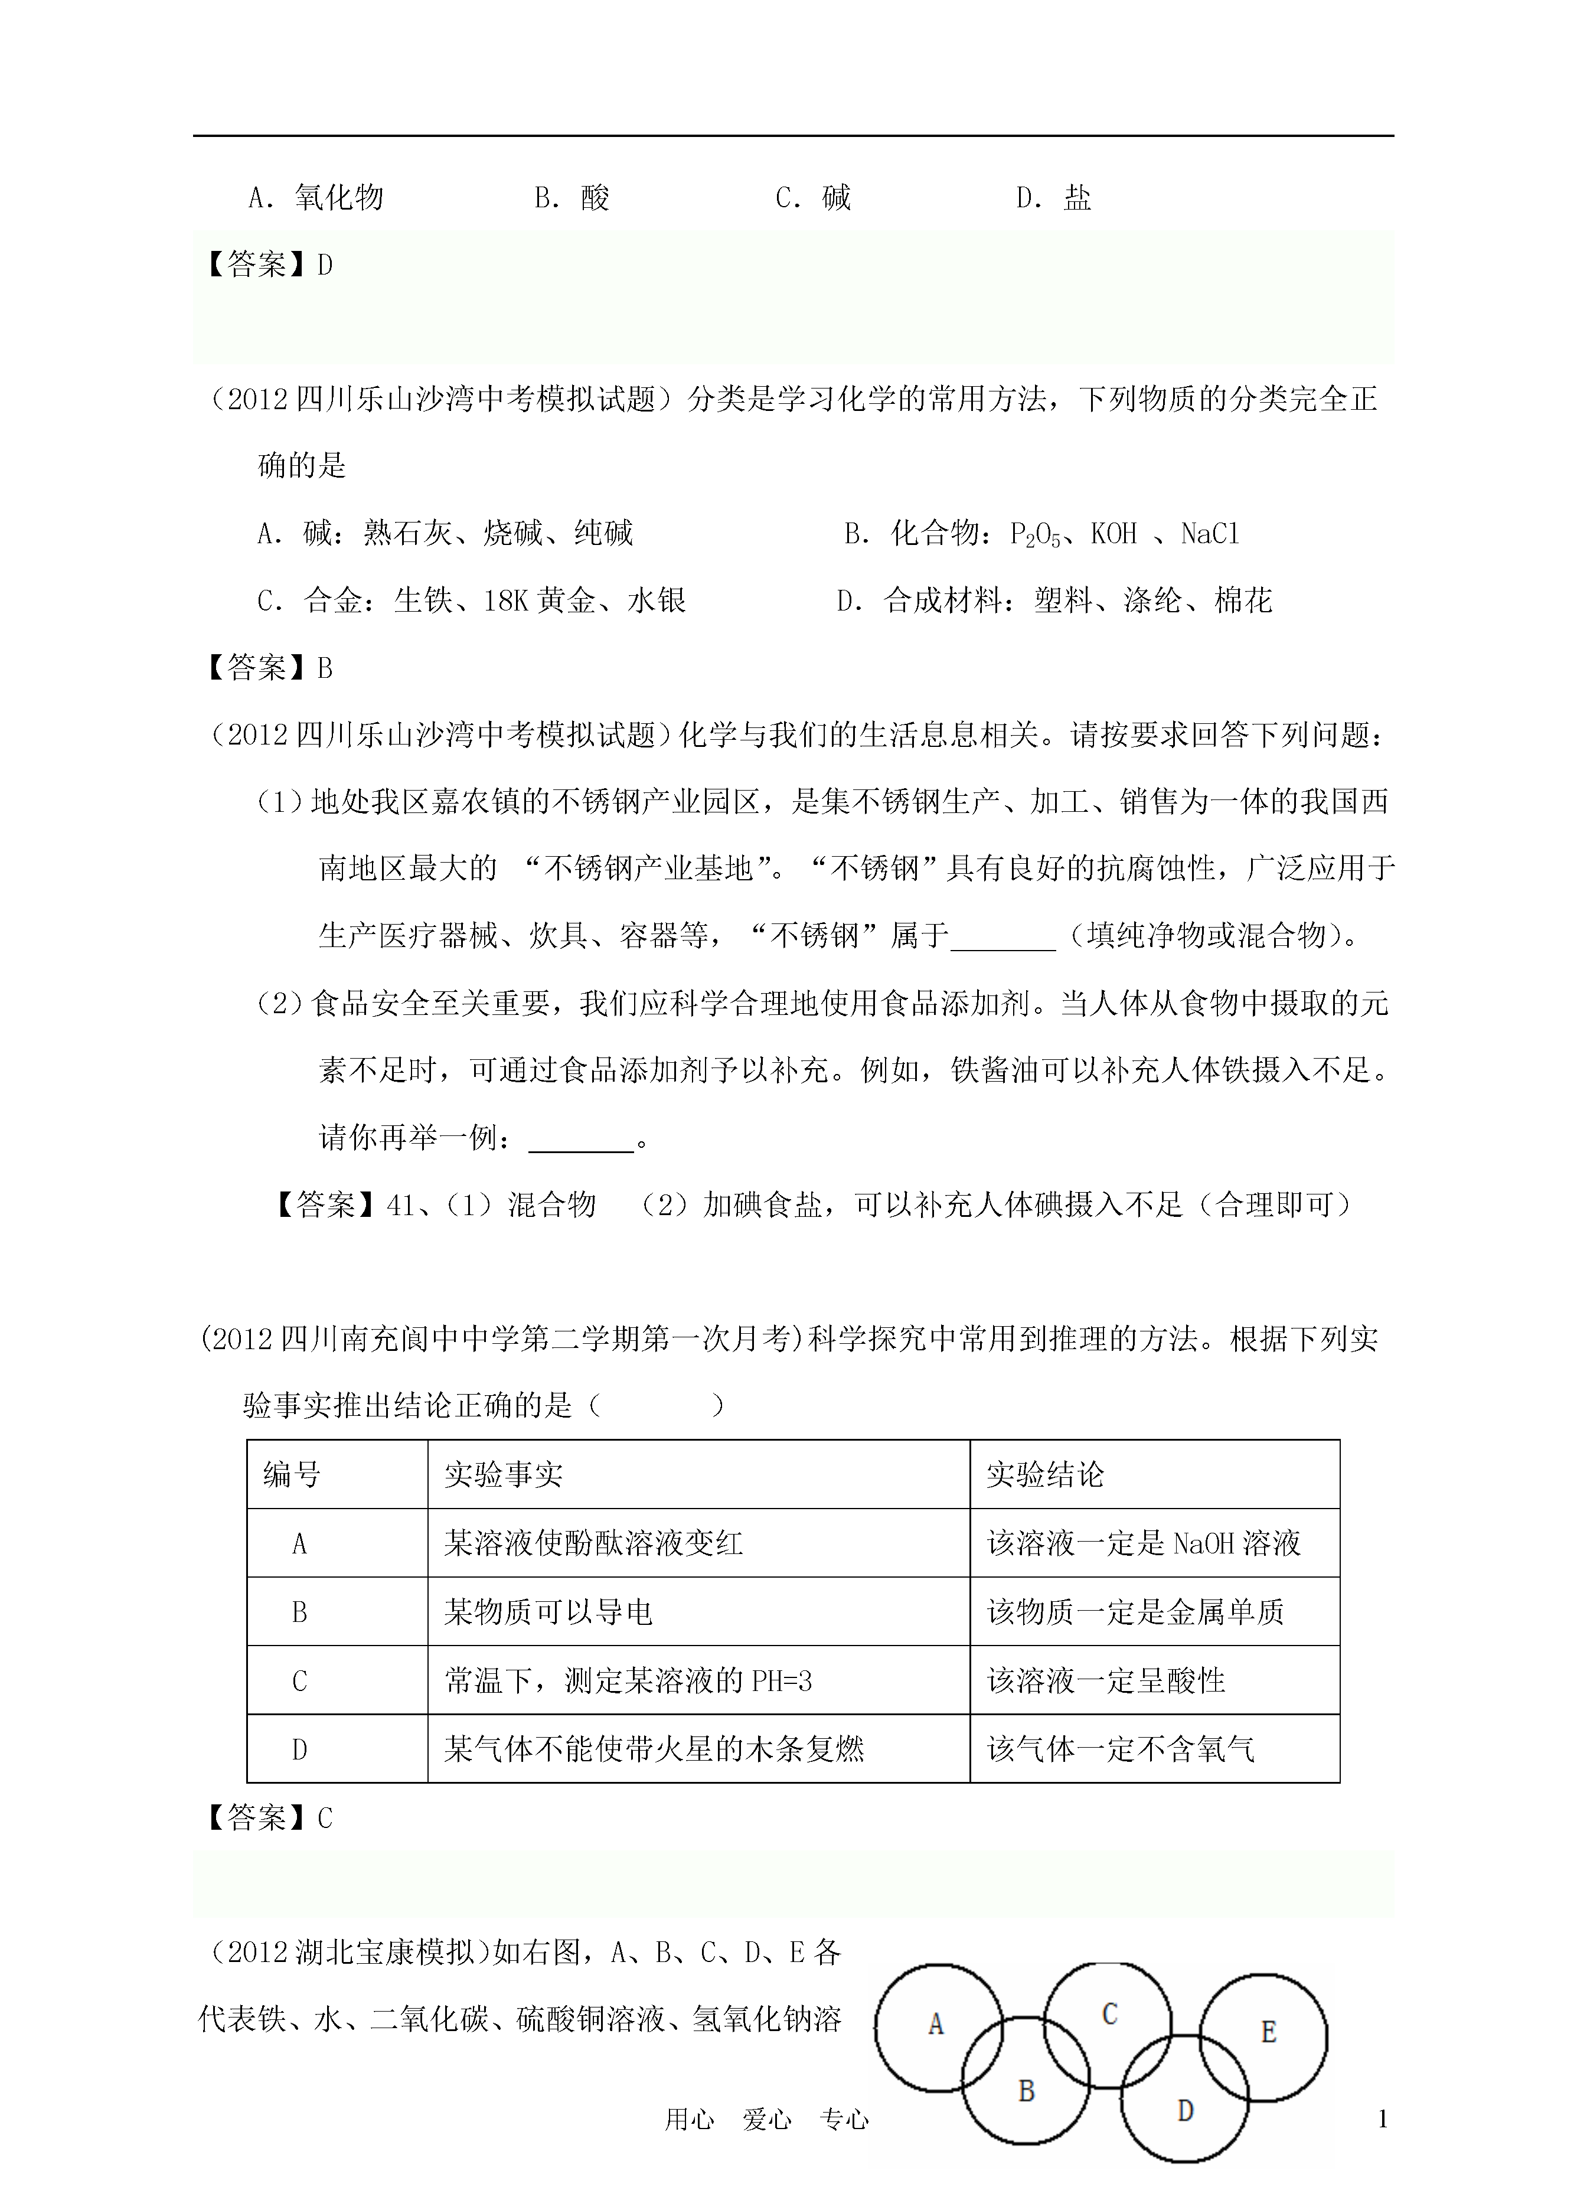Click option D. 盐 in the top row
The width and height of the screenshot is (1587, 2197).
point(1053,198)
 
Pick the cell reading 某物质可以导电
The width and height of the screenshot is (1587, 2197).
point(548,1612)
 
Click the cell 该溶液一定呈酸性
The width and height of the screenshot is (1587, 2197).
point(1106,1681)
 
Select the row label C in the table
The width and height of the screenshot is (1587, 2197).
point(299,1681)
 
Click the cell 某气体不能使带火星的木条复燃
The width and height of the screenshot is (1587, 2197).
point(654,1749)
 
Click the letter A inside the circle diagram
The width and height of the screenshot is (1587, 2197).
point(936,2023)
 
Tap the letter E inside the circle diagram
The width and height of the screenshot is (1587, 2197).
point(1268,2031)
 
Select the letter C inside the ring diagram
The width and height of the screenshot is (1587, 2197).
point(1111,2014)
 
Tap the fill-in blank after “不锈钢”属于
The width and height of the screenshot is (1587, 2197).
point(1003,938)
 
